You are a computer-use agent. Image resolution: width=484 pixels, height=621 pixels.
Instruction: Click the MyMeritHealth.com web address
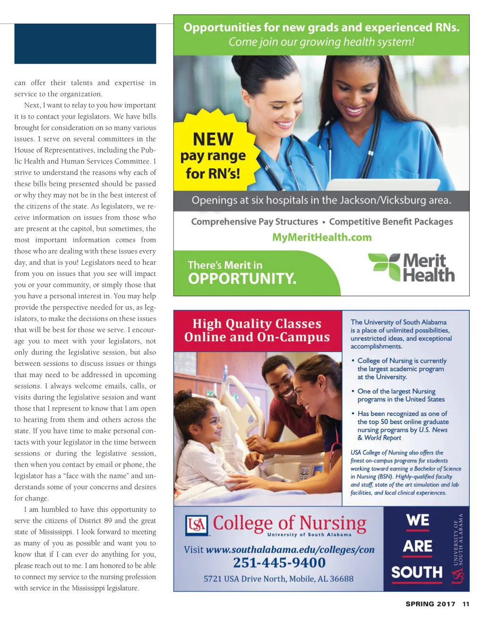coord(322,237)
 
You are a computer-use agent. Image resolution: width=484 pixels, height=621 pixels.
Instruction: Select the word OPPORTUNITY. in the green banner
coord(242,278)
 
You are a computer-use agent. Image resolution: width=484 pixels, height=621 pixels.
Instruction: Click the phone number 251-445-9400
coord(279,562)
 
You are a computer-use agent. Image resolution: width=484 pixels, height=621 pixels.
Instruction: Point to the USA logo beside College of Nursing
coord(197,525)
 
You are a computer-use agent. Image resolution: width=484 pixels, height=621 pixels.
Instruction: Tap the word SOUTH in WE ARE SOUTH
coord(417,572)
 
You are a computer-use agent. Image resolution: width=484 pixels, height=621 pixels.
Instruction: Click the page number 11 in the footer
coord(466,604)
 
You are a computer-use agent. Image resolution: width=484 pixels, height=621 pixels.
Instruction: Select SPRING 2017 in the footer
coord(430,604)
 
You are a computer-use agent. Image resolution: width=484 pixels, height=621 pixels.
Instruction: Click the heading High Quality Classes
coord(257,324)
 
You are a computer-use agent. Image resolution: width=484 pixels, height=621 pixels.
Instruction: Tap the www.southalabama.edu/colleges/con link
coord(290,550)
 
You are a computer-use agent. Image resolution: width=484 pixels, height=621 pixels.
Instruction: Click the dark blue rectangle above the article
coord(85,43)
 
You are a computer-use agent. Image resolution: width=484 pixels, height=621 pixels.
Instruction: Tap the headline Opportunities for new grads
coord(321,27)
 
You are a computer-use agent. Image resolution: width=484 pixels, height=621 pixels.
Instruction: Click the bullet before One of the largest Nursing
coord(353,391)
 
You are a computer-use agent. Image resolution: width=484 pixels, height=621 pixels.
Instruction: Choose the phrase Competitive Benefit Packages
coord(391,222)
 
